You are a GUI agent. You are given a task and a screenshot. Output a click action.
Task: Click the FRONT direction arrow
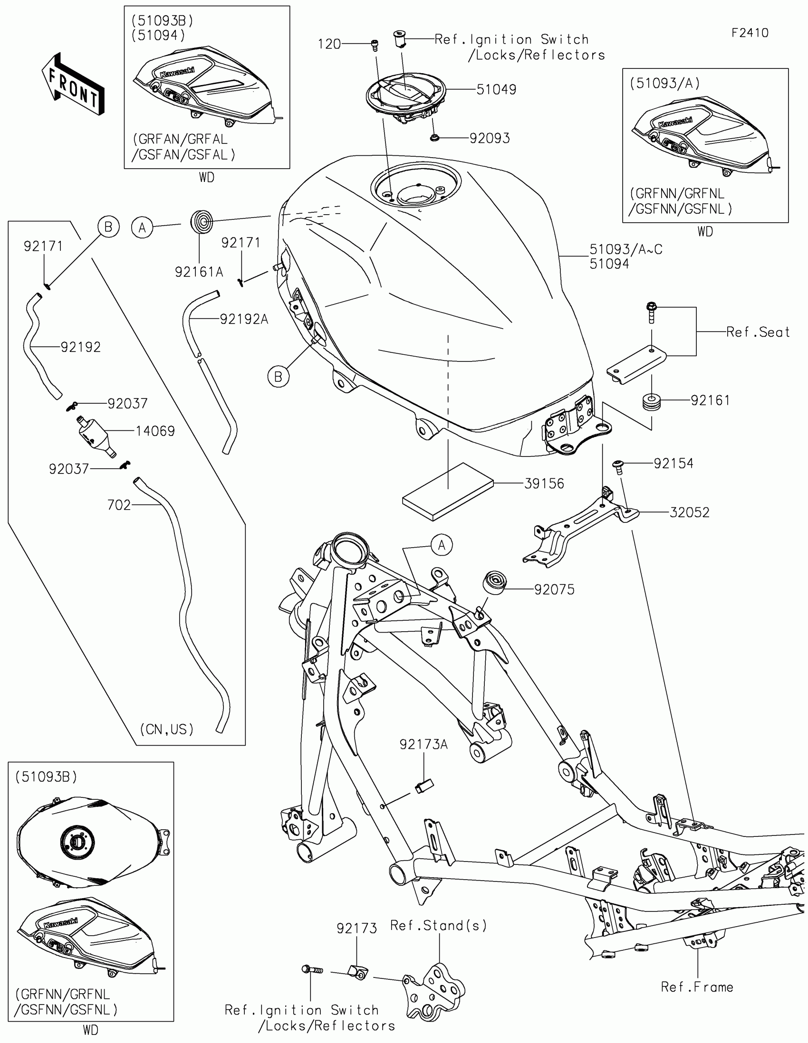click(73, 84)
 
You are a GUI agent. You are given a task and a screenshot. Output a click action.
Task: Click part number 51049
click(496, 89)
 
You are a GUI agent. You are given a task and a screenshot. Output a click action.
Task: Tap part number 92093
click(490, 138)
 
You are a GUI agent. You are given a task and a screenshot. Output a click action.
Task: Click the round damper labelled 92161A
click(202, 222)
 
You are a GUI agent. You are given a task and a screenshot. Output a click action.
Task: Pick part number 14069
click(155, 431)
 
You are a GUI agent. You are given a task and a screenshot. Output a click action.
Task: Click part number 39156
click(544, 484)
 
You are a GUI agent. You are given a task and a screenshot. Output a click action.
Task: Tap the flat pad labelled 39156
click(448, 492)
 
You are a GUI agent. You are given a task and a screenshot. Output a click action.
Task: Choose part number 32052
click(690, 512)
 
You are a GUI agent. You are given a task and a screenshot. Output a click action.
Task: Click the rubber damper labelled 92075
click(494, 582)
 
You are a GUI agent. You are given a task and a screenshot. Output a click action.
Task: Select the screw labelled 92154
click(619, 466)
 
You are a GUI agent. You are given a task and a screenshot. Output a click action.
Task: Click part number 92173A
click(424, 745)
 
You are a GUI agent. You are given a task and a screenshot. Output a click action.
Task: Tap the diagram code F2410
click(750, 33)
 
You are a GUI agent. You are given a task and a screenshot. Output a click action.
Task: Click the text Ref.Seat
click(758, 332)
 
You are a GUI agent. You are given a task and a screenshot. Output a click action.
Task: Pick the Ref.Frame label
click(697, 986)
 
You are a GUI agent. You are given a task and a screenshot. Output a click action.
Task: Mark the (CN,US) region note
click(167, 729)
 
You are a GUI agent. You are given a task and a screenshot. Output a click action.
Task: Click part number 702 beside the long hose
click(119, 505)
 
